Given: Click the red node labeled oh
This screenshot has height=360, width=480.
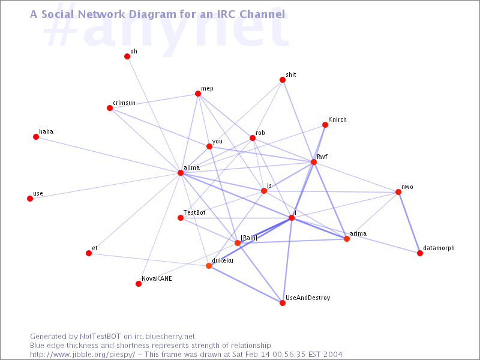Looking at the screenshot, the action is coord(127,56).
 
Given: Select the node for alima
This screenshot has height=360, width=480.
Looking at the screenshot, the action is coord(181,173).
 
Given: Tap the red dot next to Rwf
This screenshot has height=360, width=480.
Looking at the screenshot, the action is coord(314,162).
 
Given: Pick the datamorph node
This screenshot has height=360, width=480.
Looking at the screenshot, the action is coord(420,253).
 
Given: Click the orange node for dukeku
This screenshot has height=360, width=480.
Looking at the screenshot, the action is coord(209,266).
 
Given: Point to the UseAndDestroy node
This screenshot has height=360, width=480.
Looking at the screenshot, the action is coord(283,303).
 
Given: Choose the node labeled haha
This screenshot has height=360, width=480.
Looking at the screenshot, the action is coord(36,137).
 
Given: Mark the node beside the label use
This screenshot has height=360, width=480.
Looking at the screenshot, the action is coord(30,199).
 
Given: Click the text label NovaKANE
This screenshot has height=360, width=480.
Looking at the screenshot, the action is coord(157,278).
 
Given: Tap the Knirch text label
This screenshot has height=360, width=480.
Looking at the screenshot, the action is coord(337,119).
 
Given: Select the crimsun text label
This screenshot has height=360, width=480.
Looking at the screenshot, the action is coord(124,103).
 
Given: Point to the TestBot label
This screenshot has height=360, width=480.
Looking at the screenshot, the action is coord(194,212).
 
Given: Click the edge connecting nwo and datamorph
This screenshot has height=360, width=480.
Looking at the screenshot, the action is coord(409,223).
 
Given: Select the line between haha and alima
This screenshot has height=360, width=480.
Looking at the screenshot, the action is coord(108,155).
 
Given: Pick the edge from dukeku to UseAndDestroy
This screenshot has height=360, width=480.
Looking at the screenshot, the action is coord(245,284).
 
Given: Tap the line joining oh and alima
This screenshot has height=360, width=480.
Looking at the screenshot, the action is coord(154,115).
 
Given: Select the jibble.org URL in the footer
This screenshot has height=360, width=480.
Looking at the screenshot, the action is coord(83,355).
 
